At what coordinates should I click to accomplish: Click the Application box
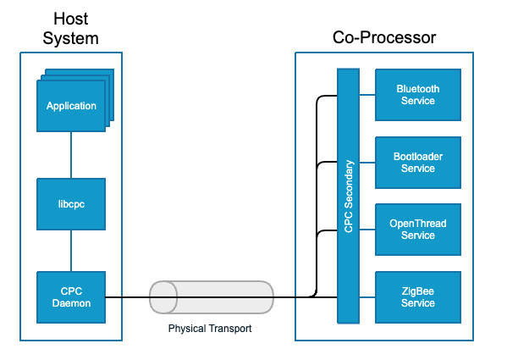(71, 107)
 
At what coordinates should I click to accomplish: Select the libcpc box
(71, 204)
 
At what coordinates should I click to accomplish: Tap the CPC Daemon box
(71, 297)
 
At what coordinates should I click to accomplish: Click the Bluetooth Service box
(418, 95)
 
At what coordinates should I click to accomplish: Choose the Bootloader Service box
(418, 163)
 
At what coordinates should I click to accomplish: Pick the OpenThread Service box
(418, 230)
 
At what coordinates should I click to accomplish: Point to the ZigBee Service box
(418, 297)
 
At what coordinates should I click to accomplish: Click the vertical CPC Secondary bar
(349, 196)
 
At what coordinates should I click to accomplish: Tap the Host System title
(71, 30)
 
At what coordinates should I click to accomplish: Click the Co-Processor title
(384, 38)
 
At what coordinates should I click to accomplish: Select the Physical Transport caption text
(210, 329)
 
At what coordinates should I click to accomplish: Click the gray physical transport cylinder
(212, 297)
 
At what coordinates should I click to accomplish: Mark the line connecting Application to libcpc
(71, 155)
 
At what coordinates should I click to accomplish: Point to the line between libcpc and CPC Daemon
(71, 251)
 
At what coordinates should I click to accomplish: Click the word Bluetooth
(418, 89)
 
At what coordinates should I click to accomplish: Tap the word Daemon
(71, 303)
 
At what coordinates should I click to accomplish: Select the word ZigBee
(418, 291)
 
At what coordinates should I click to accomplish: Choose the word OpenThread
(418, 224)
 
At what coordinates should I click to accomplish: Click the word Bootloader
(418, 157)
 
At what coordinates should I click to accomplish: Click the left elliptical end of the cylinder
(163, 297)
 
